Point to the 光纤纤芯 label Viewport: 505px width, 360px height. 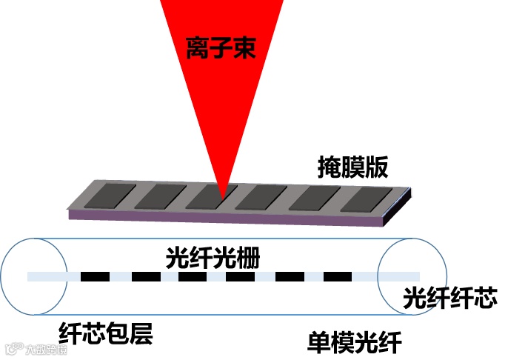(x=449, y=299)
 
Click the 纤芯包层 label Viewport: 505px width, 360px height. (x=105, y=334)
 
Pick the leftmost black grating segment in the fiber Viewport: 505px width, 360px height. (x=95, y=277)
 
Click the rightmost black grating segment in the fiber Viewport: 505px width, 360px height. (x=338, y=277)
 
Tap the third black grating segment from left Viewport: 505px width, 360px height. (x=193, y=277)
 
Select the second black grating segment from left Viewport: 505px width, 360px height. (x=146, y=277)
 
